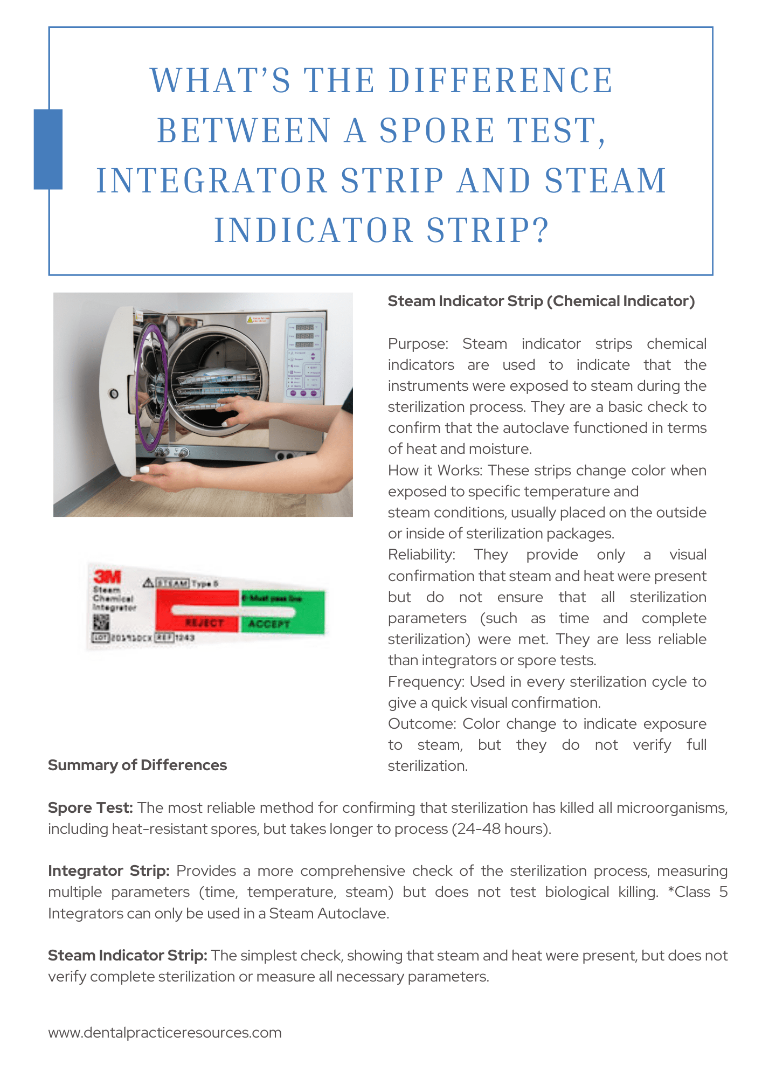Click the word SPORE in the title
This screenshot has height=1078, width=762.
click(x=437, y=131)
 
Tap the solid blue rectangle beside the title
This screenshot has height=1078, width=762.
click(x=48, y=149)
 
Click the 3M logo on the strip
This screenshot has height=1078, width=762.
click(x=108, y=576)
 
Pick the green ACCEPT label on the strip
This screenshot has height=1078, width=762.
click(x=269, y=624)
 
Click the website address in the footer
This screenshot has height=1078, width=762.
click(x=165, y=1033)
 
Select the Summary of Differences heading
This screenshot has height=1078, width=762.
click(x=137, y=765)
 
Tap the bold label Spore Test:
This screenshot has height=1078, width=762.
click(x=90, y=808)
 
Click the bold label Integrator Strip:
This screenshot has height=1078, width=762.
click(x=109, y=871)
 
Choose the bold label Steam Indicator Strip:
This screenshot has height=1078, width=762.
click(x=128, y=956)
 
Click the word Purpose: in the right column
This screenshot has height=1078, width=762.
click(x=418, y=344)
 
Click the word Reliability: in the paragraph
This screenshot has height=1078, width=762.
click(x=421, y=555)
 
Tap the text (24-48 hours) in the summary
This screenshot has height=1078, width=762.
click(x=502, y=829)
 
